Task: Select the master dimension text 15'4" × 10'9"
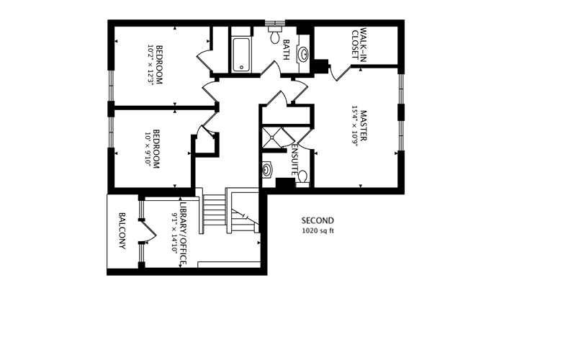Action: point(354,126)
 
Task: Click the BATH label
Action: point(287,50)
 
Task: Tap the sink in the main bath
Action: point(305,53)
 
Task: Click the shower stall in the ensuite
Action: point(274,138)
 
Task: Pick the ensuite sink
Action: point(268,171)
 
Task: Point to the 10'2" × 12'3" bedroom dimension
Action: point(150,66)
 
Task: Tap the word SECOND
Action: point(318,220)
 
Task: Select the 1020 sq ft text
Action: point(318,231)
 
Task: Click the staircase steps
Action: point(215,210)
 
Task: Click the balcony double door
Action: point(148,230)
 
